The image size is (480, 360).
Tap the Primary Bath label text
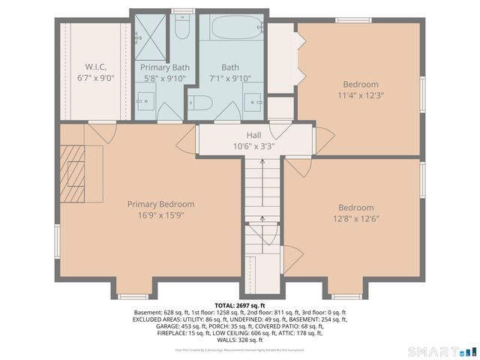coord(165,67)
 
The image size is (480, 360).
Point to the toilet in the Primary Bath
coord(181,27)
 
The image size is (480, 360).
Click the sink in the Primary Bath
coord(145,101)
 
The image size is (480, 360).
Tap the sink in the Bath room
coord(253,101)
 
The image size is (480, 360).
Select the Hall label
coord(254,135)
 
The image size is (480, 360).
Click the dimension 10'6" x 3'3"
coord(254,146)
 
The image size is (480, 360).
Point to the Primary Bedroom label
coord(160,204)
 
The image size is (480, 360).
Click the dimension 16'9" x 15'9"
coord(160,215)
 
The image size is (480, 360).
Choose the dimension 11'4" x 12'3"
coord(361,95)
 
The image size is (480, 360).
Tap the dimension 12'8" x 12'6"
coord(355,219)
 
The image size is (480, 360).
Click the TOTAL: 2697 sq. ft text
coord(240,306)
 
